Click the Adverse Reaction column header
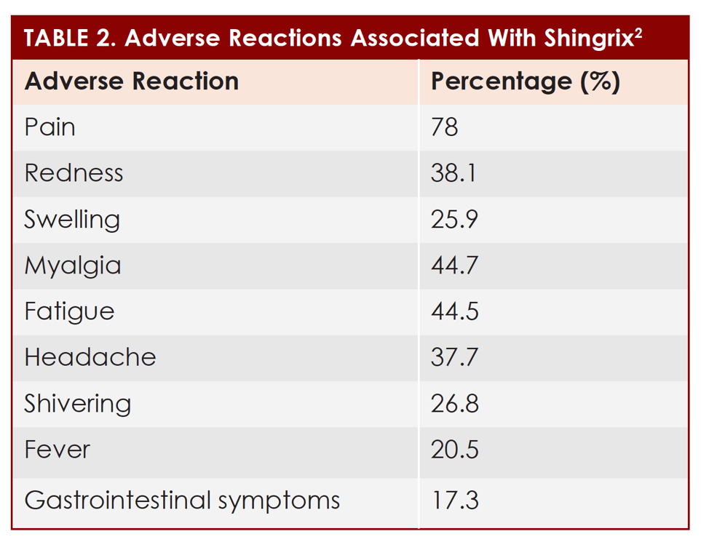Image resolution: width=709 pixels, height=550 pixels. point(132,81)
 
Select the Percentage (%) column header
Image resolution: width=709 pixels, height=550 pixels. point(525,81)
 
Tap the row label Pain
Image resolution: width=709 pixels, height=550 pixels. point(50,127)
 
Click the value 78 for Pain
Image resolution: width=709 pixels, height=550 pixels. point(445,127)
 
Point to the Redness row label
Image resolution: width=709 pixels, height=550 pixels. point(74,173)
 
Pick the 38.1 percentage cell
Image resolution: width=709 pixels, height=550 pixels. point(453,173)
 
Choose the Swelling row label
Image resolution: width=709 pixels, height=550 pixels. point(72,220)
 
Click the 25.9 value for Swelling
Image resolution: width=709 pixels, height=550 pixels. point(454,220)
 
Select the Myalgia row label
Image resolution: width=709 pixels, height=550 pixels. point(73,266)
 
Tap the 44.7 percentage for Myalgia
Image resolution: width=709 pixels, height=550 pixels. point(454,266)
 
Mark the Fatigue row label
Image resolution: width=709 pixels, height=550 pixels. point(69,311)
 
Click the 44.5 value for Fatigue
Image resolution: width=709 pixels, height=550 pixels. point(454,311)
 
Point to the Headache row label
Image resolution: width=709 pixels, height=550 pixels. point(90,357)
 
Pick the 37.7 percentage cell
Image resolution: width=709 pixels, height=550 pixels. point(454,357)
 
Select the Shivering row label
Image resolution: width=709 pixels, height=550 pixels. point(78,404)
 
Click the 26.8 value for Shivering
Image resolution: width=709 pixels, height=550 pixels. point(454,404)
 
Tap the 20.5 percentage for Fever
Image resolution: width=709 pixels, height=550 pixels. point(454,450)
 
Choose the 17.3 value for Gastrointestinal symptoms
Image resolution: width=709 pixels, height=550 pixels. point(453,501)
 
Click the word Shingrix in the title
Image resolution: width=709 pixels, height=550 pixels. point(588,39)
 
